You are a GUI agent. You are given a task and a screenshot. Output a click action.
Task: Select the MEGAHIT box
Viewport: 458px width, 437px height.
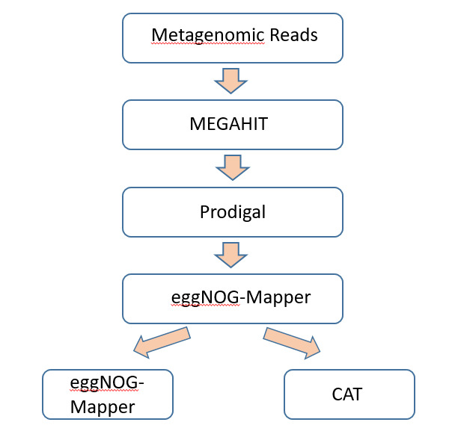click(232, 125)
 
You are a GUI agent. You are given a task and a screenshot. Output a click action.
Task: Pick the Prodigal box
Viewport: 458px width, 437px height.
click(232, 212)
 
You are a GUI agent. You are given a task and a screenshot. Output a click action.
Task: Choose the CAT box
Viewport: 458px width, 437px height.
click(349, 394)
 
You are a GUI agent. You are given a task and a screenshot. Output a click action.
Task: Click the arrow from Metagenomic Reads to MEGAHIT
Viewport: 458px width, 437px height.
click(231, 81)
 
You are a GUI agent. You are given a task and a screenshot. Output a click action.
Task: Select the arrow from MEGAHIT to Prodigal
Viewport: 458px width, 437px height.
click(232, 167)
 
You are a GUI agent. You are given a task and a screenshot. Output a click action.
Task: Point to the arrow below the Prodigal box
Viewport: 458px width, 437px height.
click(231, 255)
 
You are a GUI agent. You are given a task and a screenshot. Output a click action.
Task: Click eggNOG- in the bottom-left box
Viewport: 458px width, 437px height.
click(107, 382)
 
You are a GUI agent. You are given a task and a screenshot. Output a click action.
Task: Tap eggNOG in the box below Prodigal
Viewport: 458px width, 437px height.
click(198, 297)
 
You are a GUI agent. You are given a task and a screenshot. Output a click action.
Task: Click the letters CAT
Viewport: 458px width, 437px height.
click(346, 394)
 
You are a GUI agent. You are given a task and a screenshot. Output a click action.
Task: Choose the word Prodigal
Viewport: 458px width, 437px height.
click(233, 212)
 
